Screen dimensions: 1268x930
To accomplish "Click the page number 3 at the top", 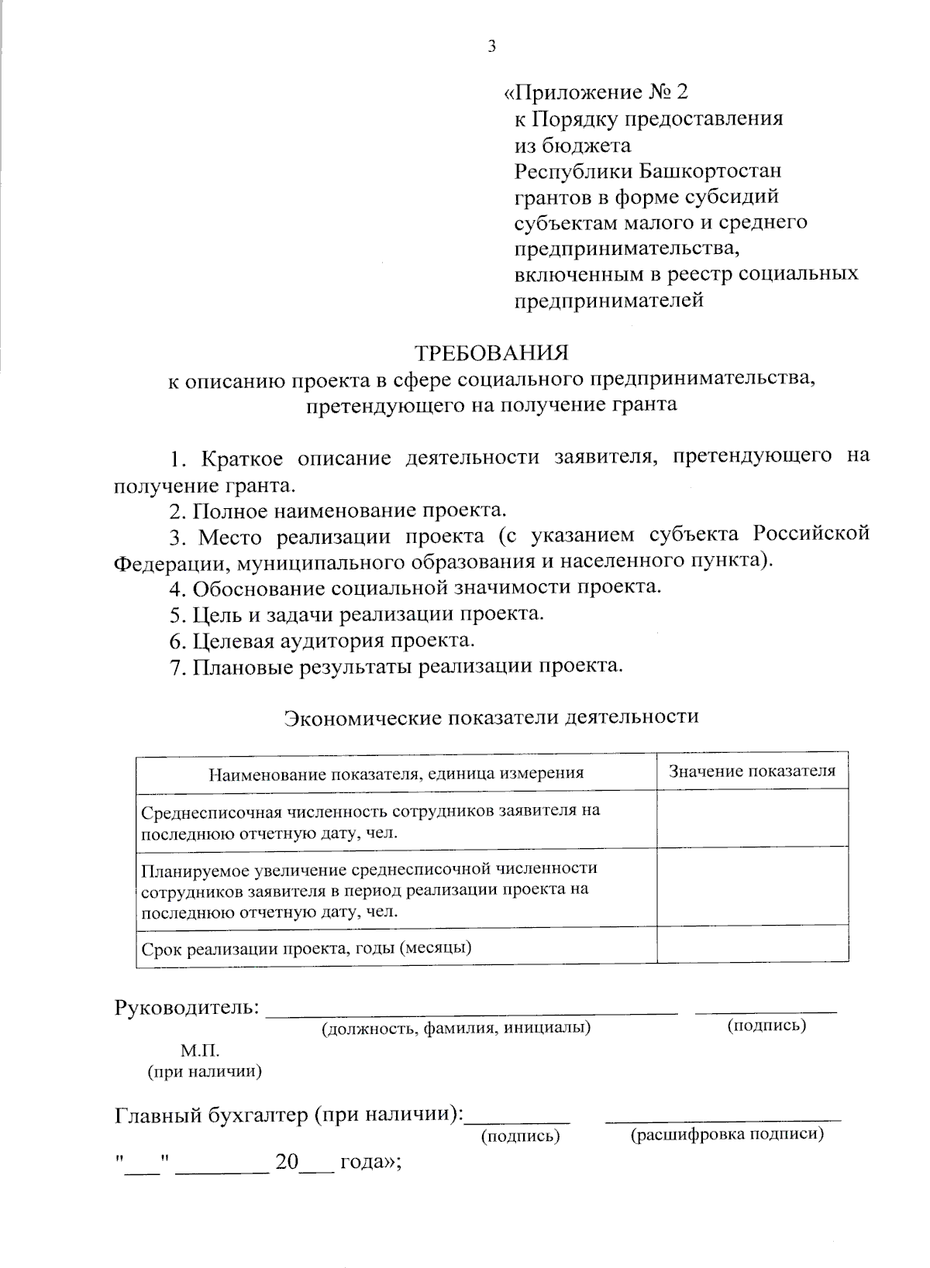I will tap(491, 46).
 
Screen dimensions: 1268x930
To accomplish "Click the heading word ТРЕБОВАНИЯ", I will tap(492, 353).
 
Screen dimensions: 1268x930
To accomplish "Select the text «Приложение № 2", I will tap(596, 93).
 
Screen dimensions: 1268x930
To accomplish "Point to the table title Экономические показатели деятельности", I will tap(491, 716).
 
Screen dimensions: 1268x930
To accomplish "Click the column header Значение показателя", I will tap(752, 771).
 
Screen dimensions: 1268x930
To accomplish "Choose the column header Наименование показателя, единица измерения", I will tap(396, 772).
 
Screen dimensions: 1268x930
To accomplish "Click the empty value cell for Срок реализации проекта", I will tap(752, 947).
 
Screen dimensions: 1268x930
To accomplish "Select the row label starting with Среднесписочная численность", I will tap(370, 821).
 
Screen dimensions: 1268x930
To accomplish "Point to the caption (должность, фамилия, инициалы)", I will tap(456, 1028).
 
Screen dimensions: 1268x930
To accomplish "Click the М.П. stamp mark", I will tap(201, 1051).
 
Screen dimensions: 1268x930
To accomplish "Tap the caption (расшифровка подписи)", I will tap(726, 1135).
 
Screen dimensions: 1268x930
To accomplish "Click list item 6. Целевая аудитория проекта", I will tap(322, 641).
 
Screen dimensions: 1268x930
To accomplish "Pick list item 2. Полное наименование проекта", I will tap(339, 510).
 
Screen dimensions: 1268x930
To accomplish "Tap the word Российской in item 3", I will tap(811, 535).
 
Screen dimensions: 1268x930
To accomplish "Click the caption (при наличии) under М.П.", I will tap(205, 1072).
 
